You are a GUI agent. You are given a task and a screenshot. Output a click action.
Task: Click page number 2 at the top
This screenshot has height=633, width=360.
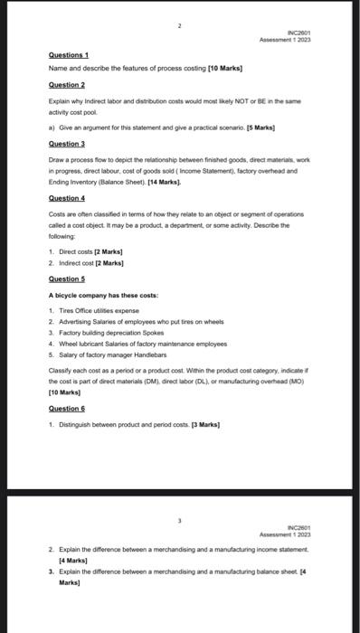[x=179, y=26]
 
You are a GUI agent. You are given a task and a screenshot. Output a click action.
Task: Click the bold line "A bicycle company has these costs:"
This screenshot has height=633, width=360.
[x=103, y=296]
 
